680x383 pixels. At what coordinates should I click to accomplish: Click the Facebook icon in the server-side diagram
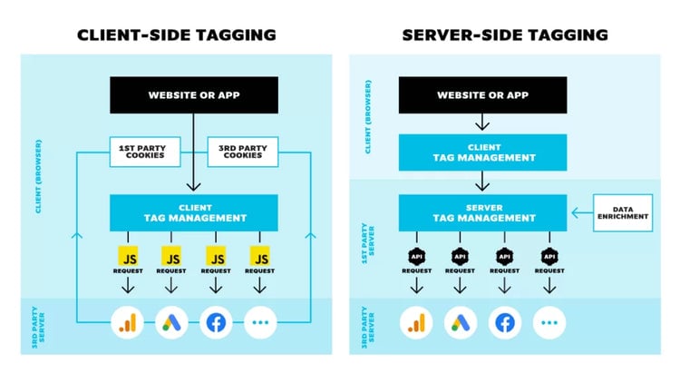(x=505, y=322)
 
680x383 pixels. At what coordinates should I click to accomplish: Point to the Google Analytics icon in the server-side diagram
(x=416, y=322)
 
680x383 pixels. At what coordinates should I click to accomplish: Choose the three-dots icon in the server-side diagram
(x=549, y=322)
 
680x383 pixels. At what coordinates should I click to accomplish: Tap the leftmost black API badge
(x=416, y=255)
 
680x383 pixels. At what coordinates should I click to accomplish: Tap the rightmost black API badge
(x=549, y=255)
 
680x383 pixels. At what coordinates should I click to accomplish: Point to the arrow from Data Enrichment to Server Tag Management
(x=581, y=213)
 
